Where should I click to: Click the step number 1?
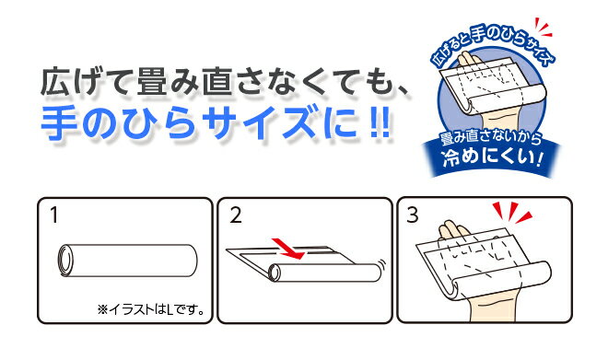[54, 215]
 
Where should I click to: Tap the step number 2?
[235, 215]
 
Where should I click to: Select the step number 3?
[412, 215]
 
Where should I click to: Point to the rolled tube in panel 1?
[127, 261]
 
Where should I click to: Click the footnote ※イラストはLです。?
[151, 309]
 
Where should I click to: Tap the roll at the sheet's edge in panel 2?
[325, 273]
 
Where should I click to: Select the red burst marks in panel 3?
[511, 213]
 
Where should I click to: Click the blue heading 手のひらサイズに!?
[216, 123]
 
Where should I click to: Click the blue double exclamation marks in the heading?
[380, 123]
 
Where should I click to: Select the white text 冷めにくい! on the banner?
[492, 158]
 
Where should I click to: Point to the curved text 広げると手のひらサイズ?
[493, 43]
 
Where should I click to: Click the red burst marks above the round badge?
[543, 27]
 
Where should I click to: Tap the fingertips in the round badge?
[468, 58]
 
